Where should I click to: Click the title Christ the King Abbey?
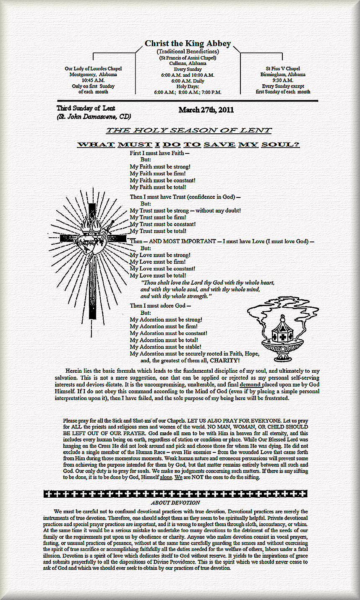(x=188, y=44)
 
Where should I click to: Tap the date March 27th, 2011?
(x=206, y=110)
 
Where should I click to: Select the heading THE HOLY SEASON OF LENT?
(x=188, y=130)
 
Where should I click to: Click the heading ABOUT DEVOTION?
(x=175, y=502)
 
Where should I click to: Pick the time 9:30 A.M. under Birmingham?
(x=283, y=80)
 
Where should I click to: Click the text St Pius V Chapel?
(x=283, y=68)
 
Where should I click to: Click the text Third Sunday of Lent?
(x=86, y=109)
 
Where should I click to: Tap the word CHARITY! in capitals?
(x=225, y=360)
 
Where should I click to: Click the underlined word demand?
(x=250, y=384)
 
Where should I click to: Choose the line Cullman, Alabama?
(x=188, y=63)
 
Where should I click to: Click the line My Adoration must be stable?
(x=165, y=347)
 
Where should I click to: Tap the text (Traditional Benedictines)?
(x=188, y=51)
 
